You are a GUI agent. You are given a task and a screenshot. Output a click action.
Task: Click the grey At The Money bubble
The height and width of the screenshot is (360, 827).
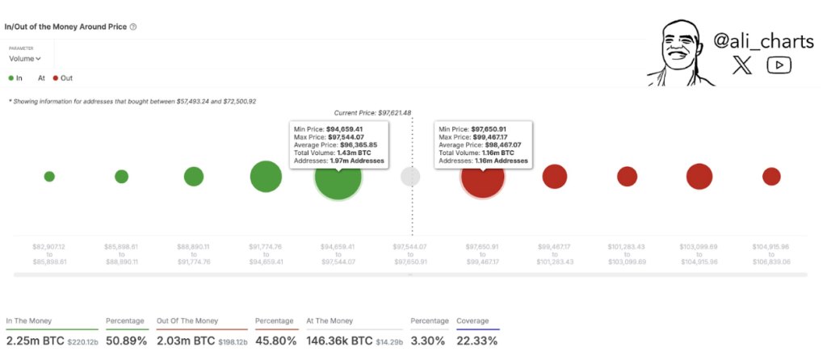410,177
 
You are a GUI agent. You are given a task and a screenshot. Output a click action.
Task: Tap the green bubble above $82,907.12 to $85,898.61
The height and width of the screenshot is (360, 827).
49,176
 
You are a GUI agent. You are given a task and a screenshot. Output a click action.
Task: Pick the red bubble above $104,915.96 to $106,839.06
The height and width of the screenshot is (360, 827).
771,176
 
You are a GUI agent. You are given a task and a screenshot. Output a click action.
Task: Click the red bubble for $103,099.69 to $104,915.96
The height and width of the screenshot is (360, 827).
699,176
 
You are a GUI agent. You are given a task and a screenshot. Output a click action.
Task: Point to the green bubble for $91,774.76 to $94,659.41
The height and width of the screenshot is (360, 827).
266,177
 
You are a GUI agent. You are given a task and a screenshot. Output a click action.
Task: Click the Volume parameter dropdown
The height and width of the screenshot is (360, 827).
25,58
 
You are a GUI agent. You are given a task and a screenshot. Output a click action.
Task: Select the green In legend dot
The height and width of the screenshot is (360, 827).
11,78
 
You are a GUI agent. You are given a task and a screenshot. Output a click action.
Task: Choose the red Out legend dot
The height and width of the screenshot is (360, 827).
56,78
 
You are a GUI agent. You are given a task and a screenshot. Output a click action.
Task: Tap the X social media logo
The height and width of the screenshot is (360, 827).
741,66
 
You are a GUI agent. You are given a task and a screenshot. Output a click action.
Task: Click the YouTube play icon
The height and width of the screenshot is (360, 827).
779,66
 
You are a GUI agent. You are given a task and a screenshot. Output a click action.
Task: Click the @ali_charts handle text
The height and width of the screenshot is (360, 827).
763,41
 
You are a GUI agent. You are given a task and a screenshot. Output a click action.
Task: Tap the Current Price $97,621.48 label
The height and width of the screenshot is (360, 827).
372,112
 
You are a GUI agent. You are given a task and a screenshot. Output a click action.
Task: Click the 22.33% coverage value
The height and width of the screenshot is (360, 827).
476,341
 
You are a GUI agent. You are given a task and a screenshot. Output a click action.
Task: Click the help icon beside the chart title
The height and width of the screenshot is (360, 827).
133,27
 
